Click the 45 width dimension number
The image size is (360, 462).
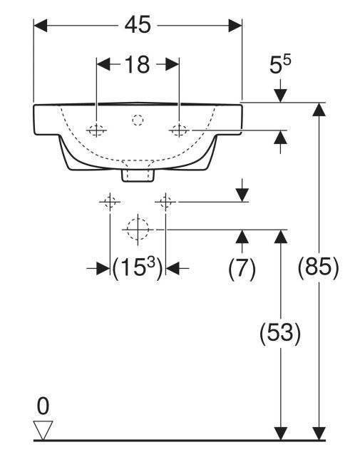[138, 25]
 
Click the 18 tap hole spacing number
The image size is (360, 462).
[138, 65]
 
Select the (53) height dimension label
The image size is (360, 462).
[280, 332]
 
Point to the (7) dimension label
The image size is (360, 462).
[242, 268]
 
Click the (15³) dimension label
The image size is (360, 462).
[138, 267]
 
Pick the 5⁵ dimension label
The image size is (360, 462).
[280, 65]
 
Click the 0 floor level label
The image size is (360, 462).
[43, 406]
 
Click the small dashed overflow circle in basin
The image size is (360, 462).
[138, 120]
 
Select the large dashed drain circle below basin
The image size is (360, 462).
[138, 230]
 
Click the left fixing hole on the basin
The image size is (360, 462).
[97, 130]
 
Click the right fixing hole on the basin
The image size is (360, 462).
[179, 130]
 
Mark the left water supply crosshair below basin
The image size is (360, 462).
[110, 202]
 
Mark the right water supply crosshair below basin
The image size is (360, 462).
[165, 202]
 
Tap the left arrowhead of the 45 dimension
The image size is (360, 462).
[41, 26]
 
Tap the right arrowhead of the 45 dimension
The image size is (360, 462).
[235, 26]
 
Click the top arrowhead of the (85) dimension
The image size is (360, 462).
[319, 109]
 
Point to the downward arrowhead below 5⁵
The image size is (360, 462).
[280, 95]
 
